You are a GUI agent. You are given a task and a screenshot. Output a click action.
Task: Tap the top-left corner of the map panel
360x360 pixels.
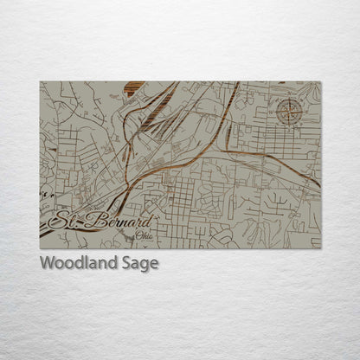pyautogui.click(x=41, y=82)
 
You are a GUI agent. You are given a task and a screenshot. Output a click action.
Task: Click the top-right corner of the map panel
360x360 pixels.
pyautogui.click(x=320, y=82)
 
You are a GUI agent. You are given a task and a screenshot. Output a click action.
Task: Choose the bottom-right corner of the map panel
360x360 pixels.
pyautogui.click(x=320, y=247)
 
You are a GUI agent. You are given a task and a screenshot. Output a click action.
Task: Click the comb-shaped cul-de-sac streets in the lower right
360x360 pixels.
pyautogui.click(x=278, y=204)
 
